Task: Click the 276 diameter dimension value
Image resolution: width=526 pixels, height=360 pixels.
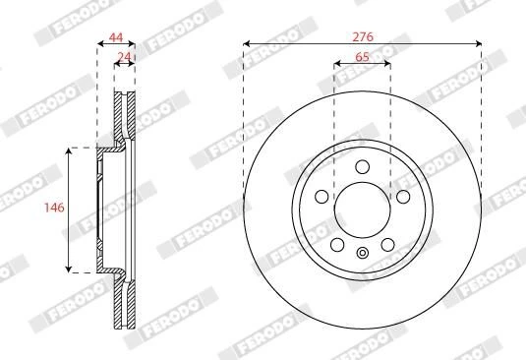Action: coord(363,36)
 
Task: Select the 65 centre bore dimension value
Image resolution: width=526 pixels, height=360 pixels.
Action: coord(362,57)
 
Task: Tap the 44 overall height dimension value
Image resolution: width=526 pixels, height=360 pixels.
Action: coord(116,37)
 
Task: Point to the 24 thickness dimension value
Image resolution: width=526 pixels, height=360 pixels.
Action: coord(125,57)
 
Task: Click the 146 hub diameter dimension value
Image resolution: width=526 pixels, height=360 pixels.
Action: coord(54,208)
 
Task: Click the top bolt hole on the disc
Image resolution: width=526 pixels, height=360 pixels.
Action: coord(362,167)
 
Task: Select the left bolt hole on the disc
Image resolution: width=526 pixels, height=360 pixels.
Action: coord(321,197)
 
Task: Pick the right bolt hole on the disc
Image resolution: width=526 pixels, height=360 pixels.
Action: coord(403,197)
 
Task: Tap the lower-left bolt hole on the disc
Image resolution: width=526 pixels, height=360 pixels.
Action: coord(337,244)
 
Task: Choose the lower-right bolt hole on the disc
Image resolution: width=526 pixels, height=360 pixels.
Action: coord(387,244)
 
